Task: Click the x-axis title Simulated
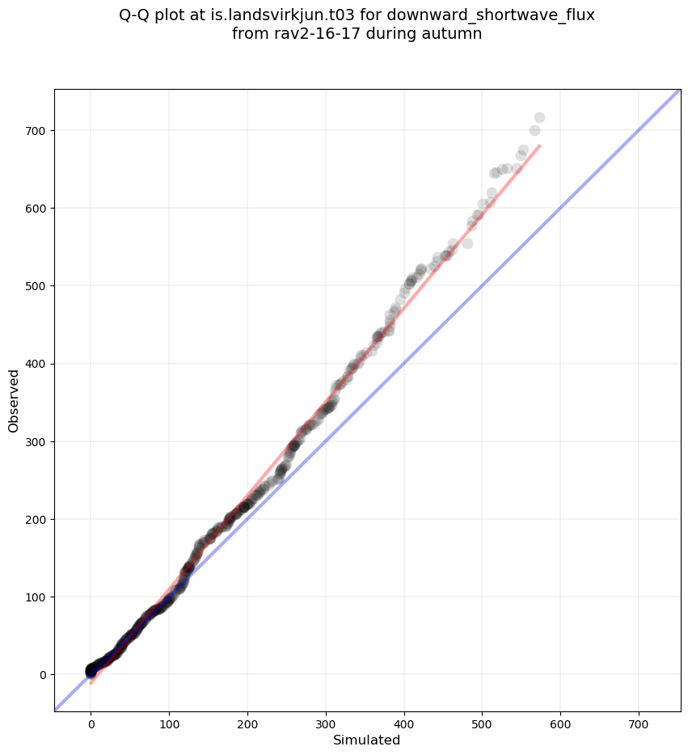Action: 367,740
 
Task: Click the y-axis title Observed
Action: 15,400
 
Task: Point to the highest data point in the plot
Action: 539,117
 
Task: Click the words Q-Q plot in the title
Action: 153,15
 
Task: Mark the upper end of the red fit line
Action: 539,146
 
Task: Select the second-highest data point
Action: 534,130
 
